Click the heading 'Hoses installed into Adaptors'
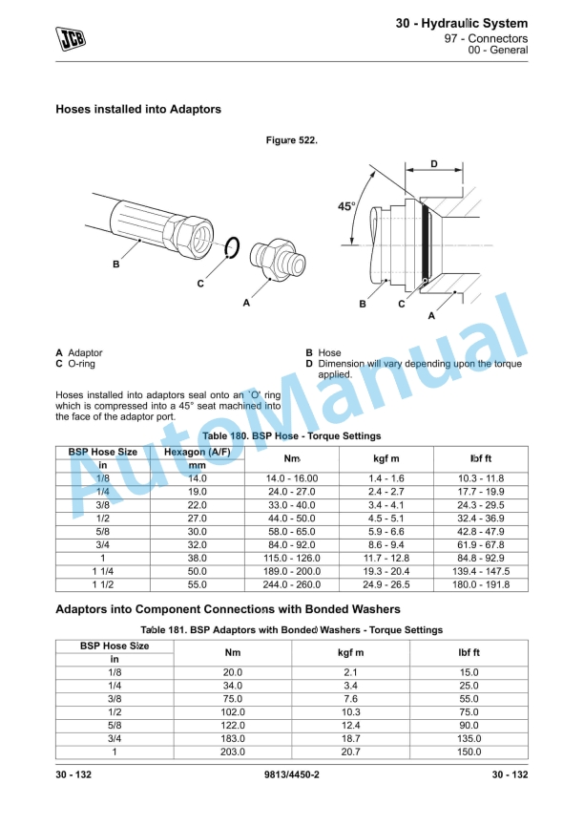pyautogui.click(x=138, y=110)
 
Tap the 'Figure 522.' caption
pyautogui.click(x=291, y=140)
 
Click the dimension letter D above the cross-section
pyautogui.click(x=433, y=164)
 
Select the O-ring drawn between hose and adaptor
pyautogui.click(x=229, y=250)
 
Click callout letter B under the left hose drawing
pyautogui.click(x=116, y=265)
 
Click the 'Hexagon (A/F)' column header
pyautogui.click(x=198, y=452)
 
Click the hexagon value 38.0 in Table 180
pyautogui.click(x=198, y=558)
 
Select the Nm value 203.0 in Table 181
pyautogui.click(x=233, y=752)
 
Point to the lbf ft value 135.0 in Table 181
pyautogui.click(x=468, y=739)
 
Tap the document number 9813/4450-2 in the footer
pyautogui.click(x=291, y=774)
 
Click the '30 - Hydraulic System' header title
pyautogui.click(x=462, y=22)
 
